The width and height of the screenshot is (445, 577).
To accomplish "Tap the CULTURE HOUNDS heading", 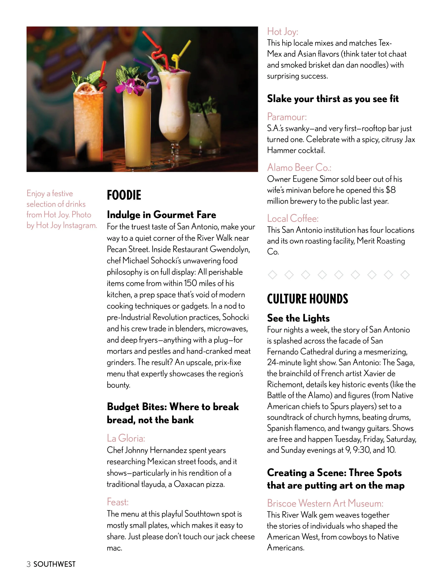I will click(x=307, y=299).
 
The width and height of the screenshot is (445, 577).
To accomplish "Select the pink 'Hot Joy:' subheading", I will click(x=282, y=32).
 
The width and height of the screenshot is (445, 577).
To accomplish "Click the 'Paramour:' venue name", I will click(x=287, y=117).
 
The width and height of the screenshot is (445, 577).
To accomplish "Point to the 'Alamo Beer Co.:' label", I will click(x=299, y=167).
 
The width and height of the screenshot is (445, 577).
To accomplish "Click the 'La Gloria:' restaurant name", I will click(x=126, y=438).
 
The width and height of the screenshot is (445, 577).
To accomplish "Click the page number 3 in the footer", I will click(x=29, y=564).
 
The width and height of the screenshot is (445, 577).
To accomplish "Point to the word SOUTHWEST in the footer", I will click(x=54, y=564).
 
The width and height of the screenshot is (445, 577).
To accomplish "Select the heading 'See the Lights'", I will click(x=298, y=318).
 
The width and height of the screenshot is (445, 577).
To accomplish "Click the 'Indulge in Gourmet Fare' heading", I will click(x=161, y=215).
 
